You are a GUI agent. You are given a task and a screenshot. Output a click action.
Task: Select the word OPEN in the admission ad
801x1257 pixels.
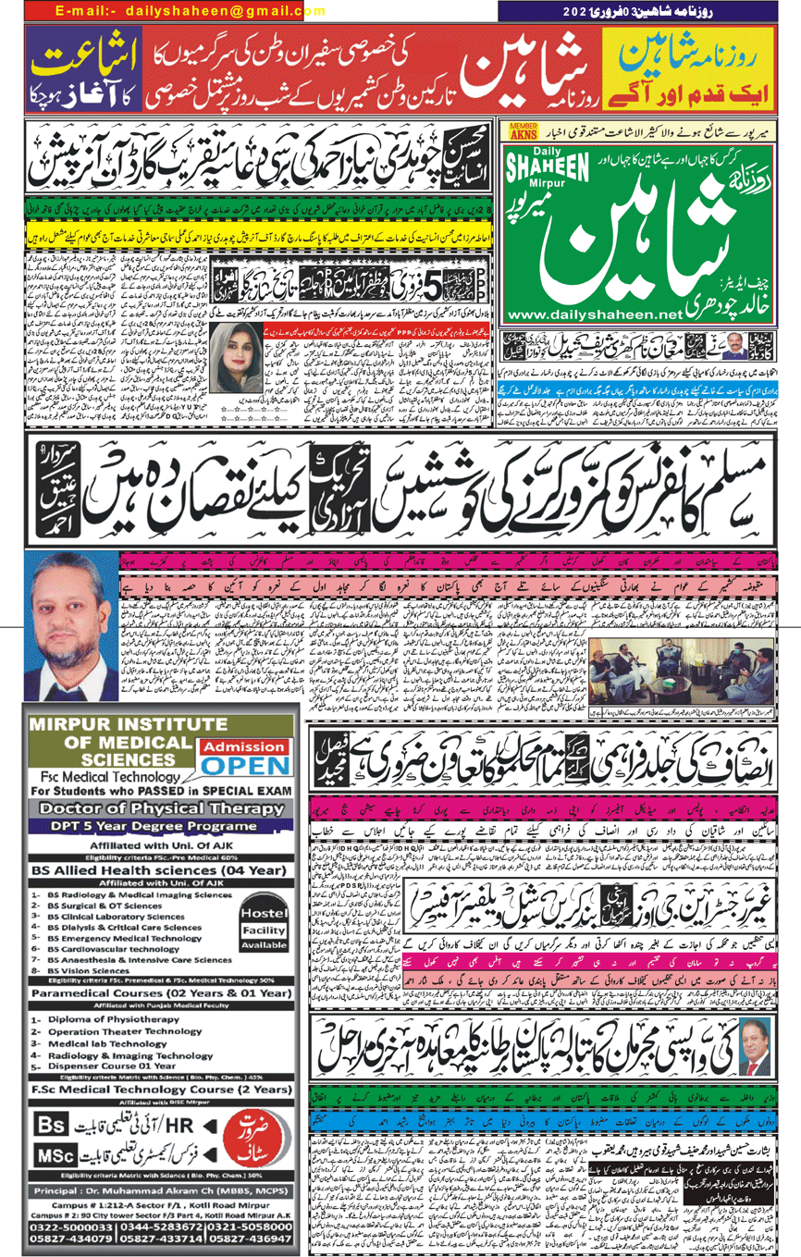click(246, 764)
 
